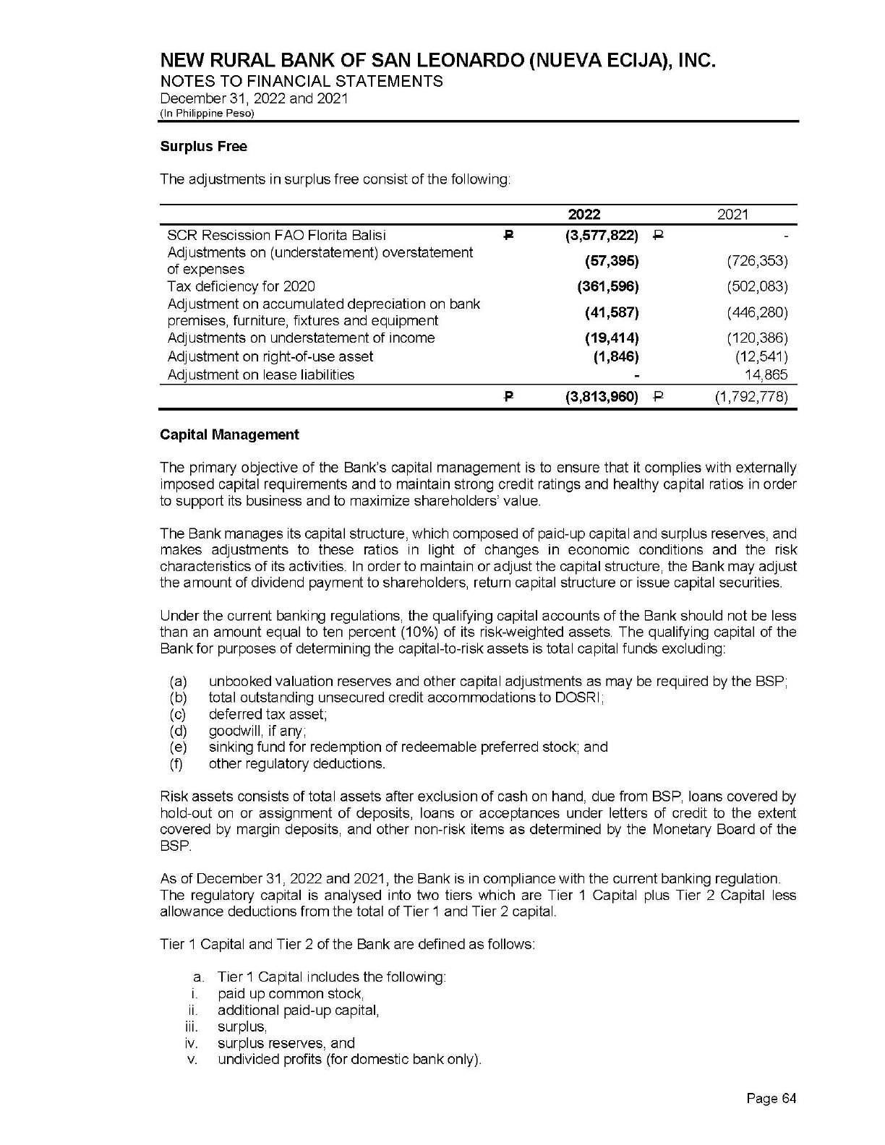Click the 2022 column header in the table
tap(584, 214)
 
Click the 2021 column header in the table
tap(732, 214)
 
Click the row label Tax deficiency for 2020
tap(241, 286)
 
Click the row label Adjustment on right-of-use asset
tap(270, 356)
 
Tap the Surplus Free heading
tap(203, 147)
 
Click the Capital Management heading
tap(229, 434)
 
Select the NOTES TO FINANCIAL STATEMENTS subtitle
tap(302, 81)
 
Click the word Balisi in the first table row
tap(367, 235)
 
